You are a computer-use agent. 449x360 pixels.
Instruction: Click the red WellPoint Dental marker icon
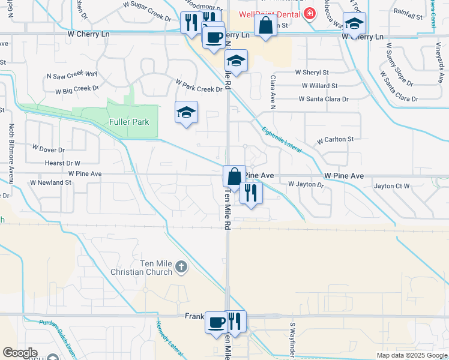(309, 13)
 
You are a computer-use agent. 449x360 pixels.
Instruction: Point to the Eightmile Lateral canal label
(282, 137)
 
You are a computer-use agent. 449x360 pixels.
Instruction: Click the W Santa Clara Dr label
(323, 99)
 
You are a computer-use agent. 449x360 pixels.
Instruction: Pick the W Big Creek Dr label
(77, 90)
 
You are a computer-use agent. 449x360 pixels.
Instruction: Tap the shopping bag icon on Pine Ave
(234, 176)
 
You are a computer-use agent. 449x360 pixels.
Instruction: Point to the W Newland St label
(50, 182)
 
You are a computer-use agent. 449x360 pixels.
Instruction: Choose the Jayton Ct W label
(391, 186)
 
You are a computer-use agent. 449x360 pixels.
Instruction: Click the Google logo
(20, 353)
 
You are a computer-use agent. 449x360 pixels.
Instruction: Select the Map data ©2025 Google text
(411, 355)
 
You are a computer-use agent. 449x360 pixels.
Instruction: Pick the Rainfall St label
(408, 11)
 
